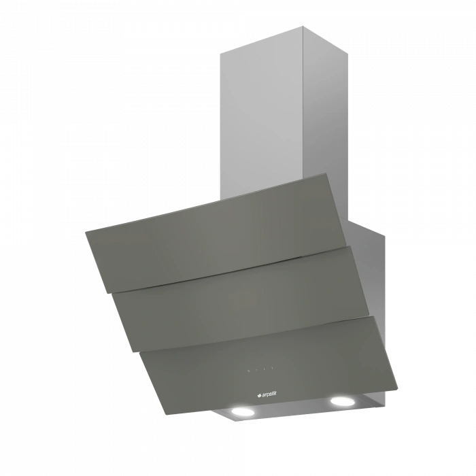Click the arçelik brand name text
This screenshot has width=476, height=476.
269,394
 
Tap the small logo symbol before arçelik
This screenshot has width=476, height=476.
259,395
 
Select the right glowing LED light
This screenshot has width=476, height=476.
343,401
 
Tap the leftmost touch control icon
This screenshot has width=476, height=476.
249,371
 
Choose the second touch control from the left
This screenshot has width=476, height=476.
257,370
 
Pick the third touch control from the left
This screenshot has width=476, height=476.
265,369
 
